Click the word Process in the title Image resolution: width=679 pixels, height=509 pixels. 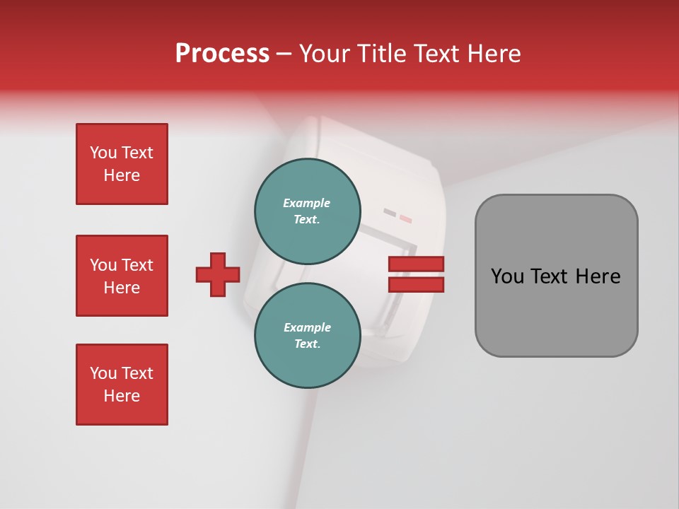coord(222,53)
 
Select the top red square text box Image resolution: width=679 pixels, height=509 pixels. coord(122,164)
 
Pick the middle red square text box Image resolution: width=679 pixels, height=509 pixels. coord(122,276)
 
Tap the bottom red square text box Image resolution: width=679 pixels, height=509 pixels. coord(122,385)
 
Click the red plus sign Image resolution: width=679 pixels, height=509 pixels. coord(218,274)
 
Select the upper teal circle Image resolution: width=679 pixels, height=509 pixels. coord(308,211)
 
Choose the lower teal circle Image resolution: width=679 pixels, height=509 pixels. coord(308,335)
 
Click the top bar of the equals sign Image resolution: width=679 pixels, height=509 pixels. coord(416,264)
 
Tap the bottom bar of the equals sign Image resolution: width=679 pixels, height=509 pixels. coord(416,284)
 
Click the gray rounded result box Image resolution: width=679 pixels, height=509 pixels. coord(556,276)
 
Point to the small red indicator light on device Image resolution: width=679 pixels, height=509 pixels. coord(405,219)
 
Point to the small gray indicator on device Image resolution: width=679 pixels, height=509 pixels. coord(390,211)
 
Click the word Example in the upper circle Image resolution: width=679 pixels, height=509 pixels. coord(307,203)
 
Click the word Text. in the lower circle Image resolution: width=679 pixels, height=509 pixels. coord(307,344)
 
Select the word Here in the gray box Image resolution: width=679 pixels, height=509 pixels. coord(598,276)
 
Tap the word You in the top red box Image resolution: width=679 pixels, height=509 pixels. coord(103,153)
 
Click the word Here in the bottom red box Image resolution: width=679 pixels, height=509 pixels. coord(122,396)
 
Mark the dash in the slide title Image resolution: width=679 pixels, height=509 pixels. coord(284,53)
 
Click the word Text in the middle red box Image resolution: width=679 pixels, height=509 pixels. coord(137,265)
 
